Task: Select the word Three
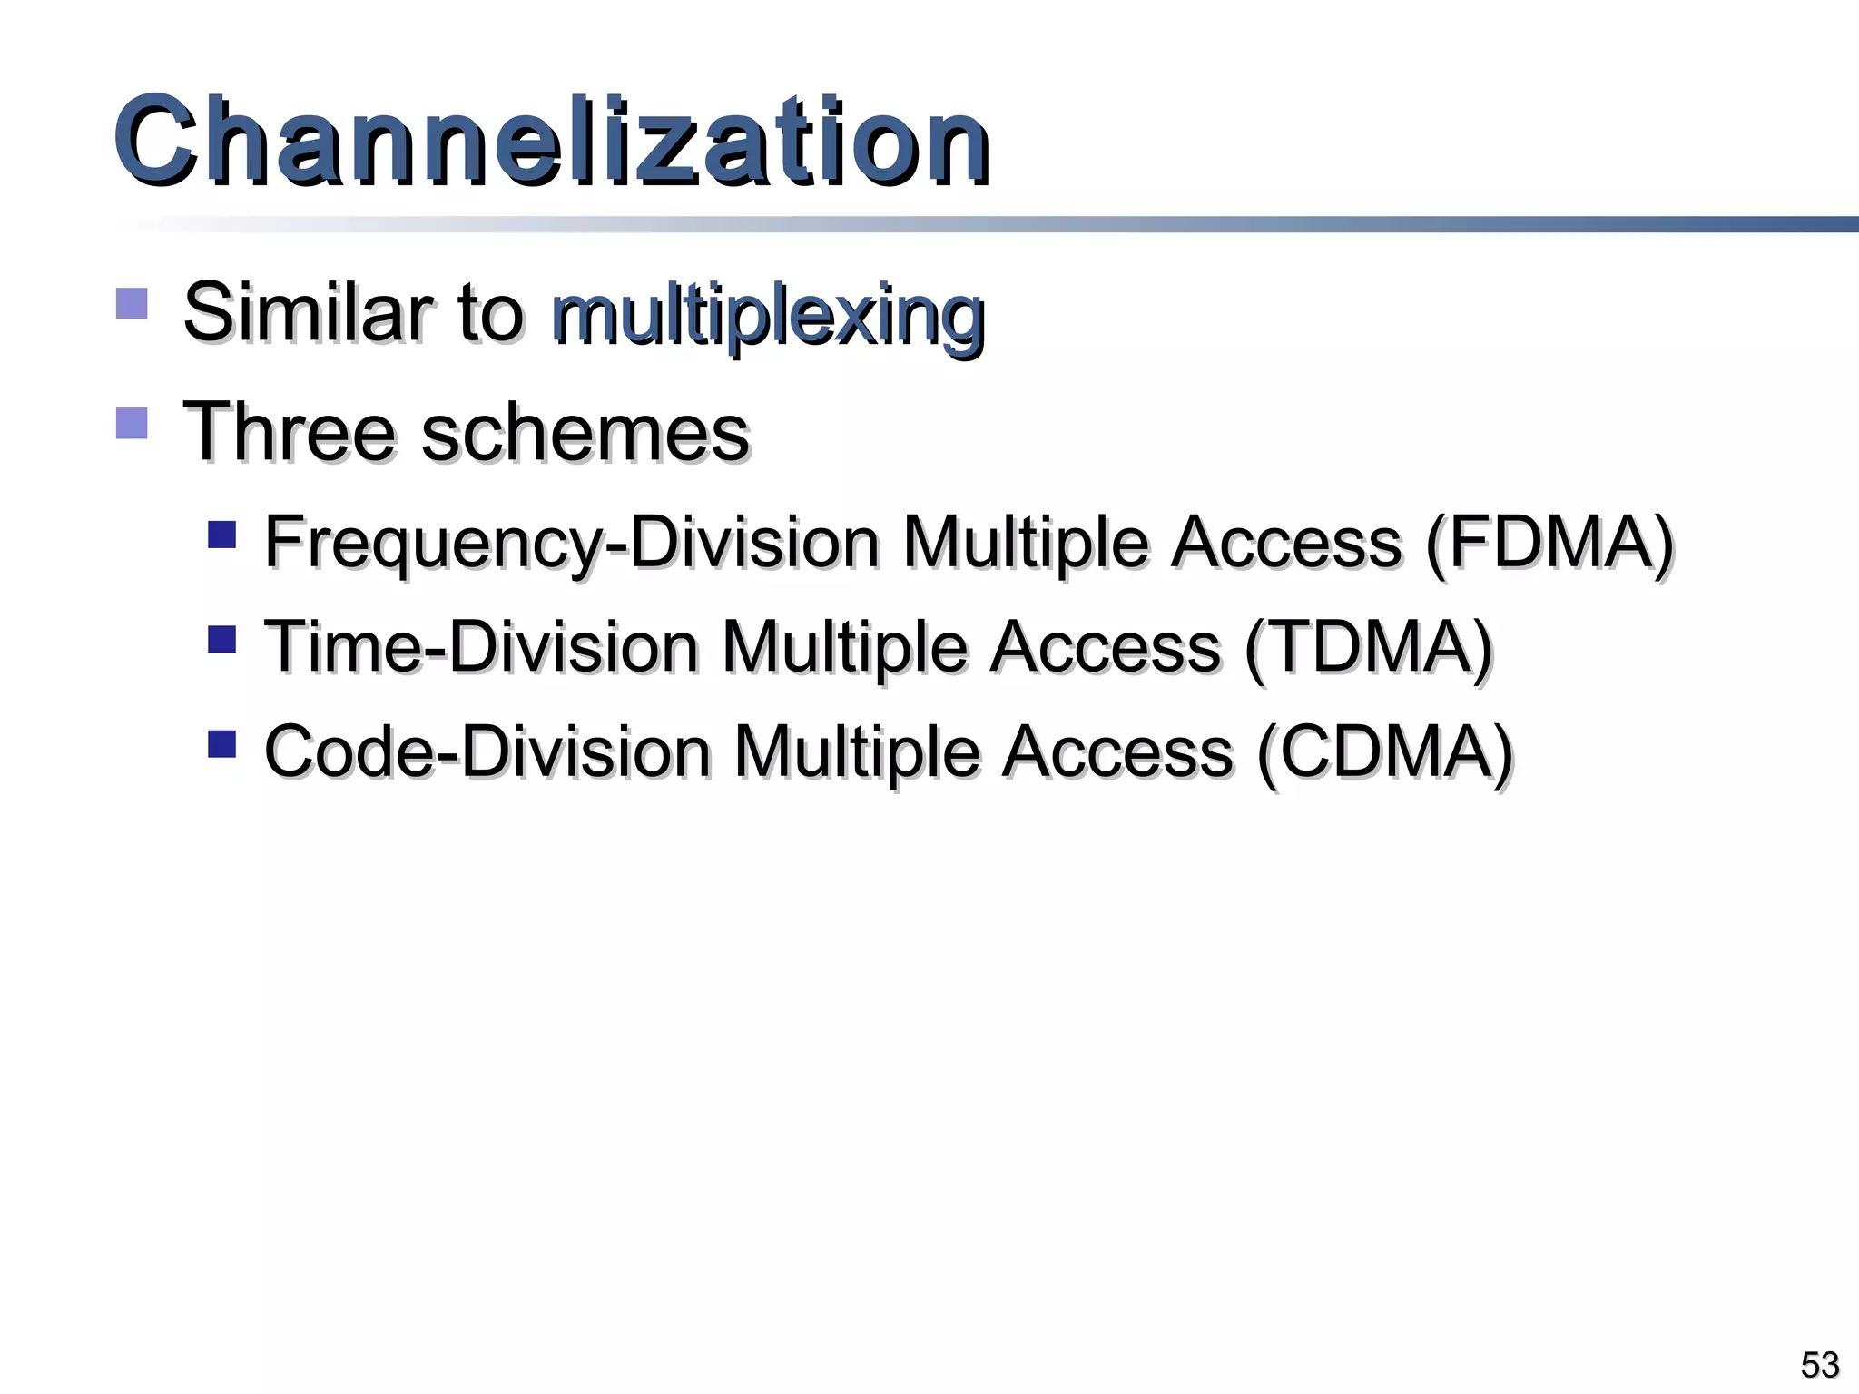click(290, 432)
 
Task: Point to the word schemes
click(585, 432)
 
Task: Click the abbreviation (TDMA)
click(1368, 648)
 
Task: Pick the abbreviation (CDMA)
click(1385, 752)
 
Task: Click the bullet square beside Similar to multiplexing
click(132, 303)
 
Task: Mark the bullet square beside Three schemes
click(132, 423)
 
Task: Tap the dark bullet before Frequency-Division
click(221, 535)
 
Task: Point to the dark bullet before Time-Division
click(221, 639)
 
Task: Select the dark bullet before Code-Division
click(221, 744)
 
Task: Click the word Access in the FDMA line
click(1286, 543)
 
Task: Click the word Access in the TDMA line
click(1105, 648)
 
